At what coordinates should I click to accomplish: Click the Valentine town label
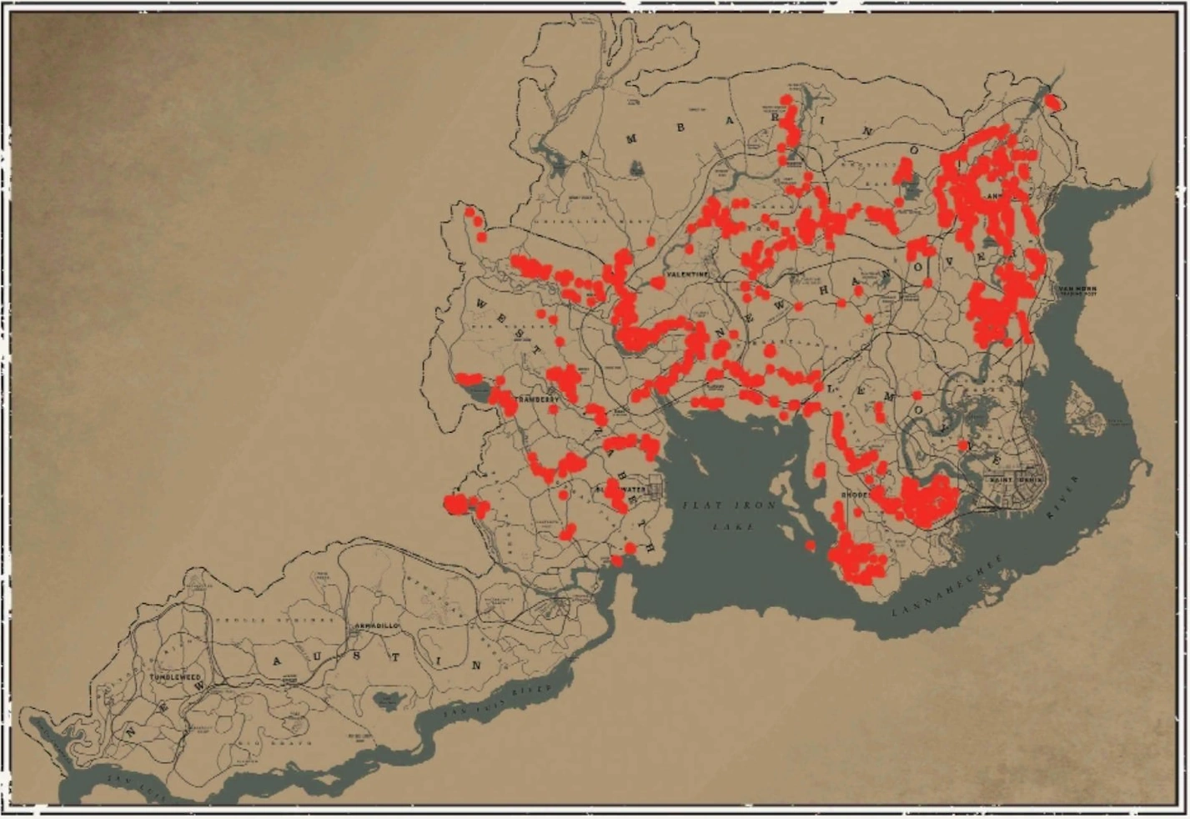(688, 274)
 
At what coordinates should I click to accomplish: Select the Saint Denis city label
(1017, 480)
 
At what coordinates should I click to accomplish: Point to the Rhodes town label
(856, 495)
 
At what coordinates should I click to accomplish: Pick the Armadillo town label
(377, 626)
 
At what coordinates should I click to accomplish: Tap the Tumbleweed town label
(176, 677)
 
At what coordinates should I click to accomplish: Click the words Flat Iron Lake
(731, 515)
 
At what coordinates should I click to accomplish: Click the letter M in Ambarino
(631, 139)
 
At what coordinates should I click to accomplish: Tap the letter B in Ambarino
(681, 128)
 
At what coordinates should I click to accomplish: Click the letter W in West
(481, 304)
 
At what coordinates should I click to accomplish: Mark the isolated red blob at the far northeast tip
(1053, 103)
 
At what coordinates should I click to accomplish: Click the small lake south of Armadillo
(388, 699)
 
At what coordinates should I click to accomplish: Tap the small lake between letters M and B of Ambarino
(637, 168)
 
